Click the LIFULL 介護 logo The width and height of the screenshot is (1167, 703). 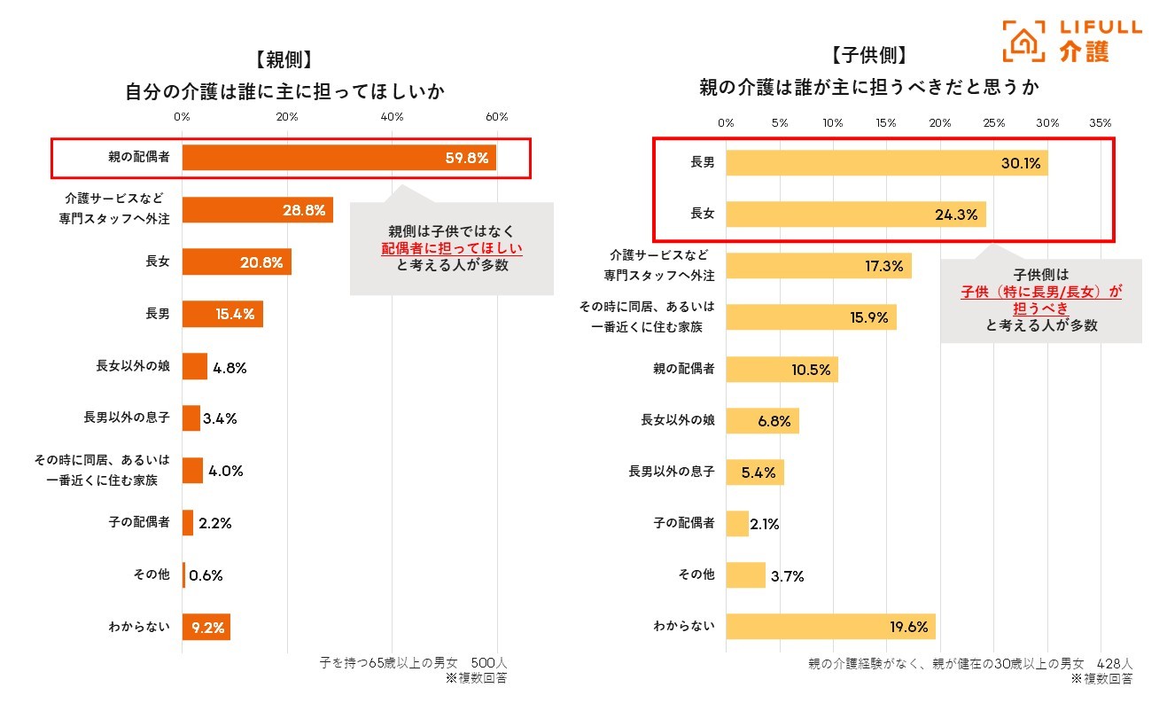tap(1071, 42)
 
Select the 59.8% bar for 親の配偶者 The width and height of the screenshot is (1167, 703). tap(338, 158)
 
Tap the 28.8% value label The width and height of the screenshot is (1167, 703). tap(303, 210)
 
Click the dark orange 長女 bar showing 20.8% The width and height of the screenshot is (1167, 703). tap(237, 262)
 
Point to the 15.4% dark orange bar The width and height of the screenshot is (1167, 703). tap(222, 314)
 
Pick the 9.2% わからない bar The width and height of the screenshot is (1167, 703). tap(206, 627)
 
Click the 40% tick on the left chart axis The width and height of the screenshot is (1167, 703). tap(392, 117)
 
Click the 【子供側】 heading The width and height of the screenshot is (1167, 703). tap(868, 56)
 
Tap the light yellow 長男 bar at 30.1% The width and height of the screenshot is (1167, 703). tap(886, 162)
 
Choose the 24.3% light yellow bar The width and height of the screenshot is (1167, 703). tap(855, 214)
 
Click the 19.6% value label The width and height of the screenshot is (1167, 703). tap(908, 627)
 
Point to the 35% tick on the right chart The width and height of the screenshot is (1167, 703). tap(1100, 122)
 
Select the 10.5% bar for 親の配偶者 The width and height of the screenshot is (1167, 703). tap(782, 370)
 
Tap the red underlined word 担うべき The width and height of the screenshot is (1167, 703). tap(1040, 308)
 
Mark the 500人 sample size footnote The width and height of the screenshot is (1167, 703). tap(488, 662)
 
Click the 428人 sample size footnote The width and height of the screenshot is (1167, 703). tap(1114, 662)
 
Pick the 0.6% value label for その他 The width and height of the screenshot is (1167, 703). tap(206, 574)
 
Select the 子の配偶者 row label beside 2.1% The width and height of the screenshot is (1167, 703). tap(683, 523)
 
